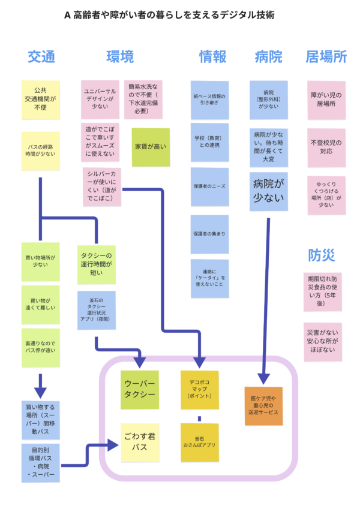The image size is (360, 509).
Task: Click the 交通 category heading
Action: point(41,57)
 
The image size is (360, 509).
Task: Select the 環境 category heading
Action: point(120,57)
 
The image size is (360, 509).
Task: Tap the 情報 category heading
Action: point(213,57)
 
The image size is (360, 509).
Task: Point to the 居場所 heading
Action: point(326,57)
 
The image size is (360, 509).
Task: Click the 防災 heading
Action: point(322,255)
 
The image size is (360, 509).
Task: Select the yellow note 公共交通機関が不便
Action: point(41,100)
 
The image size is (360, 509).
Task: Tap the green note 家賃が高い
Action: point(151,146)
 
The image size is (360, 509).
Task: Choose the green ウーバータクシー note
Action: point(140,390)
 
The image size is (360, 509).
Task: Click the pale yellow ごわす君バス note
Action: point(140,442)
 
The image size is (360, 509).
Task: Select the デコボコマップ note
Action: point(200,390)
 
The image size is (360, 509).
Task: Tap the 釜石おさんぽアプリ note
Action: point(200,442)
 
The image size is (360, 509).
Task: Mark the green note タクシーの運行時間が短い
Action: point(96,264)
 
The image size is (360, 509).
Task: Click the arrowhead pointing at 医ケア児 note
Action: point(263,379)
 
